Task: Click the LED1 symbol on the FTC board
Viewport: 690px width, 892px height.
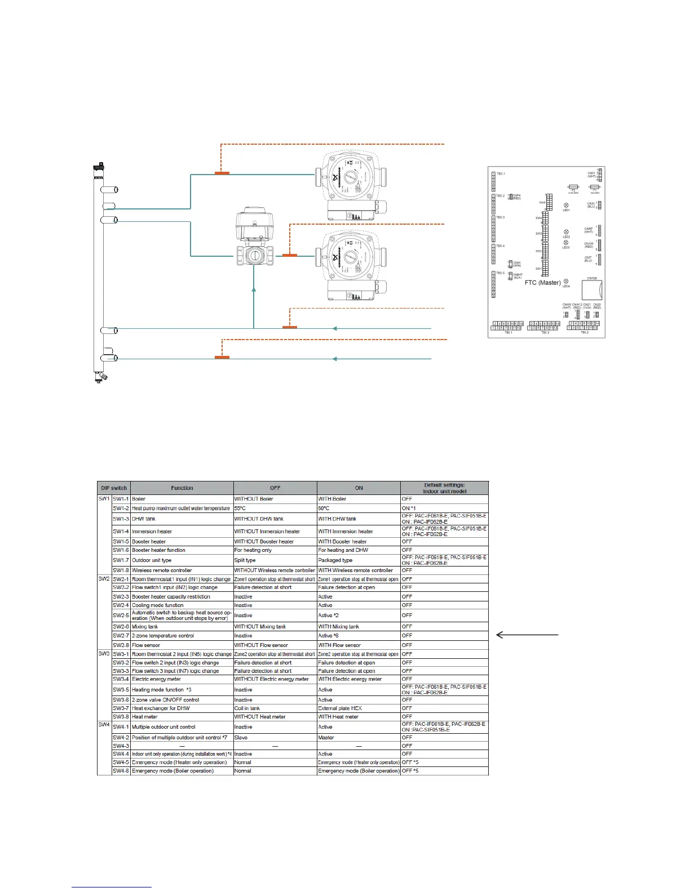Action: pos(566,206)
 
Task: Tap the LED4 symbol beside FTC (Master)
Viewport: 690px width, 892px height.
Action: pos(566,282)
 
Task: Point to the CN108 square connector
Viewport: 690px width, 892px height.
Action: pos(592,290)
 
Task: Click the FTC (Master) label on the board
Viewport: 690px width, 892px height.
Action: pos(542,283)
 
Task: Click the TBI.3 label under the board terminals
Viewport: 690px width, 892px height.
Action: pos(545,333)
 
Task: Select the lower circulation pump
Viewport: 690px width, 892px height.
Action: pos(350,265)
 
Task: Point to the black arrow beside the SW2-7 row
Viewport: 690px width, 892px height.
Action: pos(527,635)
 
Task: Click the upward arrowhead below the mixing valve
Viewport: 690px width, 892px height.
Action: pos(254,291)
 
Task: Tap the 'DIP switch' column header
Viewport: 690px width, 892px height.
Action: pos(114,488)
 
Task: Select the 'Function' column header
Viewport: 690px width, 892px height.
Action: pos(182,488)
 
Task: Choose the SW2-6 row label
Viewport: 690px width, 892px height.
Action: pos(121,626)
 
